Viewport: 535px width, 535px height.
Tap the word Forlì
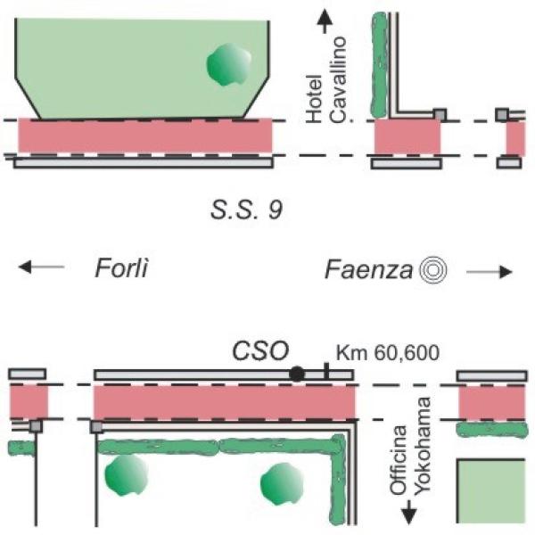pyautogui.click(x=121, y=267)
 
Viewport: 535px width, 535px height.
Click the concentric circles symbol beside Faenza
pyautogui.click(x=434, y=269)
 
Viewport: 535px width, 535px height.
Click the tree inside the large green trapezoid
pyautogui.click(x=228, y=66)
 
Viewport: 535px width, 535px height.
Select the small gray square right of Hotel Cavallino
pyautogui.click(x=439, y=114)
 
